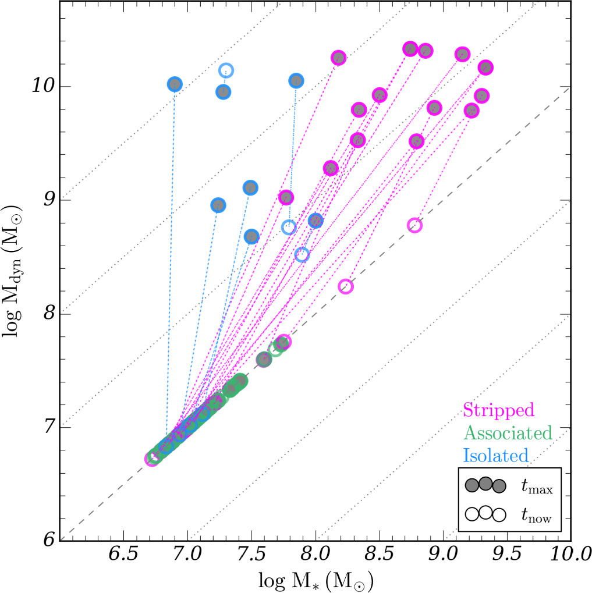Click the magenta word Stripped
498,410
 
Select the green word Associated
507,432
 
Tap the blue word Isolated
495,454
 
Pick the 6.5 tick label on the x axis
124,551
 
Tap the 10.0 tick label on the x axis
568,551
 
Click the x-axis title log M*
317,579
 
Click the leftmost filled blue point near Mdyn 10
175,84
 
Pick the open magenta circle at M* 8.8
414,225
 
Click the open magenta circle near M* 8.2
346,286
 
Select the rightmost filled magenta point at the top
485,68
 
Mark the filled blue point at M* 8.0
316,220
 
